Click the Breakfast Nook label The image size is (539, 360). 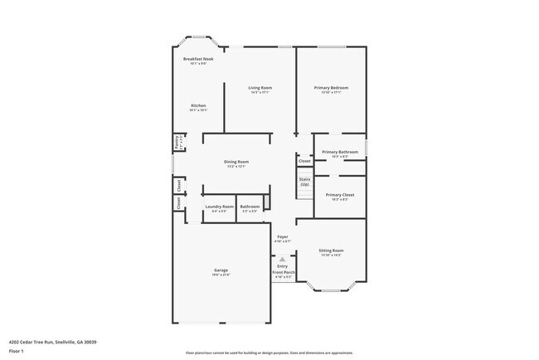[198, 59]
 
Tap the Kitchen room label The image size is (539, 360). [198, 105]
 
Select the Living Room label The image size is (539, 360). [260, 87]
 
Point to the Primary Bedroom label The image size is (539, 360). [330, 87]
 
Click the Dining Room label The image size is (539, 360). [236, 161]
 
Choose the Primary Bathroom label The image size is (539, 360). [340, 152]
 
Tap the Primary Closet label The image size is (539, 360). [340, 194]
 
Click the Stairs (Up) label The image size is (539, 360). [304, 182]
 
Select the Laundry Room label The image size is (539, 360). [219, 207]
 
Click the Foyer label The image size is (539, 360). [283, 236]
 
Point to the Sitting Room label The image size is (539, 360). [332, 251]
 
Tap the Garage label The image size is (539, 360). [221, 270]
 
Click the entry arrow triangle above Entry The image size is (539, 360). [283, 258]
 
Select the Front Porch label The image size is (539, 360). [283, 272]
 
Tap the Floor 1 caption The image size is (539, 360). [17, 352]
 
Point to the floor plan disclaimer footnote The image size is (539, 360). [269, 352]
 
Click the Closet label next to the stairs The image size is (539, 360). [304, 161]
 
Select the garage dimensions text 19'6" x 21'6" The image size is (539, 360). [221, 275]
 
